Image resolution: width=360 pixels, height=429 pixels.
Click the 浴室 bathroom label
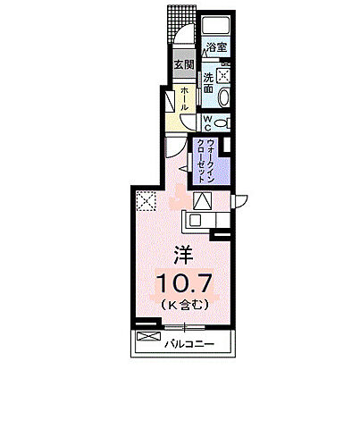215,46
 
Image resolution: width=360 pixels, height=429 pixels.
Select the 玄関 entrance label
184,65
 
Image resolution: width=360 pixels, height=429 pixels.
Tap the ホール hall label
183,98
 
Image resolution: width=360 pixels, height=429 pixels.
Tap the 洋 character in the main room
182,253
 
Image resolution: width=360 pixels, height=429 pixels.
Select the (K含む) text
184,306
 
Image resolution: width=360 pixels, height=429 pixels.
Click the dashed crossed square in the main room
146,202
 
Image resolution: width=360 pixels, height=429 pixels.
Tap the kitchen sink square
195,217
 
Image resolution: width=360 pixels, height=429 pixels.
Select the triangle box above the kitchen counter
201,200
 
